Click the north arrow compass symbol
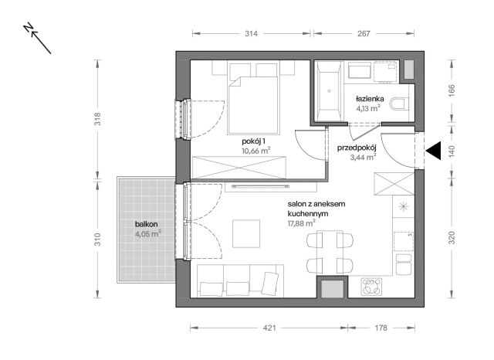click(37, 38)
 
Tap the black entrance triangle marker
click(433, 151)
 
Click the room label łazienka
click(370, 99)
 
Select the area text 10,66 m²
click(255, 151)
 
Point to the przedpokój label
click(357, 148)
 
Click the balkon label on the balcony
click(146, 225)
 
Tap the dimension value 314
click(251, 33)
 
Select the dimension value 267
click(364, 33)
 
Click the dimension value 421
click(269, 328)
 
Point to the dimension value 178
click(381, 328)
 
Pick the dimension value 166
click(452, 90)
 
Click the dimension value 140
click(452, 151)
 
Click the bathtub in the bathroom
click(330, 90)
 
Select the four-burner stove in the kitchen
click(371, 287)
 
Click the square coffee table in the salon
click(246, 233)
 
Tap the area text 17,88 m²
click(302, 223)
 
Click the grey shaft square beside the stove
click(333, 289)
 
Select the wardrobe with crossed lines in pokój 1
click(239, 168)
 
